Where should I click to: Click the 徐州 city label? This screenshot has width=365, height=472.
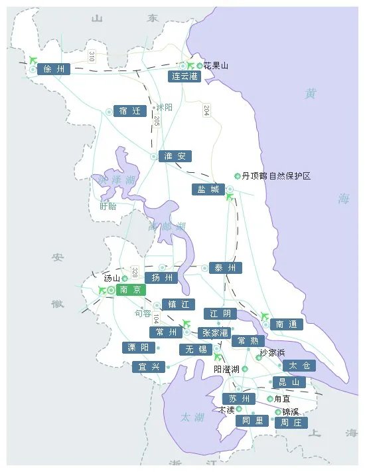click(54, 69)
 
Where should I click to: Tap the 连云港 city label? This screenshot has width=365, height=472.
click(184, 76)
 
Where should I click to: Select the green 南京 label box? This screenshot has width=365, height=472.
click(129, 290)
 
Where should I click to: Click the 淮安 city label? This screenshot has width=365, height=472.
click(175, 156)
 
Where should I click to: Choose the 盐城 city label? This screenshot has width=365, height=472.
click(208, 189)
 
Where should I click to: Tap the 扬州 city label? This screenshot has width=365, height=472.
click(162, 278)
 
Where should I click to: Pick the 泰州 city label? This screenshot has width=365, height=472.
click(226, 268)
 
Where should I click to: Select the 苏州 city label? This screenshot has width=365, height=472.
click(239, 399)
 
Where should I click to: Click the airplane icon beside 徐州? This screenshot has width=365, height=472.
click(34, 60)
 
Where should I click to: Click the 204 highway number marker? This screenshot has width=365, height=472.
click(206, 111)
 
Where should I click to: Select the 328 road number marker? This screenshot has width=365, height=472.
click(135, 273)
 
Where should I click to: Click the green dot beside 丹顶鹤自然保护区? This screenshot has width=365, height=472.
click(238, 176)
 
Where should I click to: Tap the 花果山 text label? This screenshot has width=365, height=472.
click(216, 66)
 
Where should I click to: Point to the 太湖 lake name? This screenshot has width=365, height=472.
click(192, 417)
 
